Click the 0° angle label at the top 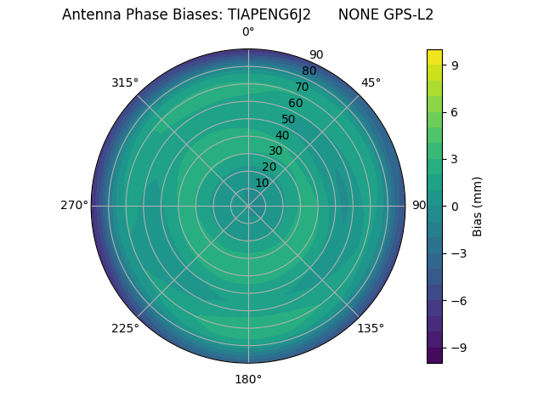click(x=248, y=32)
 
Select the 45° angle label click(x=371, y=82)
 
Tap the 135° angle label click(x=371, y=328)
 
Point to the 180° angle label click(x=248, y=379)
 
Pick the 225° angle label click(x=125, y=328)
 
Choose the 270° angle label click(x=74, y=206)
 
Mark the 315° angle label click(x=125, y=82)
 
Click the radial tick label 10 click(x=262, y=183)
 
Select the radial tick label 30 click(x=275, y=151)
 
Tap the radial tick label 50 click(x=288, y=120)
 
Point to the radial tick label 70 click(x=302, y=88)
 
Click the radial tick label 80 click(x=309, y=71)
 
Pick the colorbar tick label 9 click(x=456, y=65)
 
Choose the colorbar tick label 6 click(x=456, y=111)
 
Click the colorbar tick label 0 click(x=456, y=206)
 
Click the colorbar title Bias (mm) click(x=478, y=206)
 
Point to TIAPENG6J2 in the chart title click(x=269, y=14)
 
